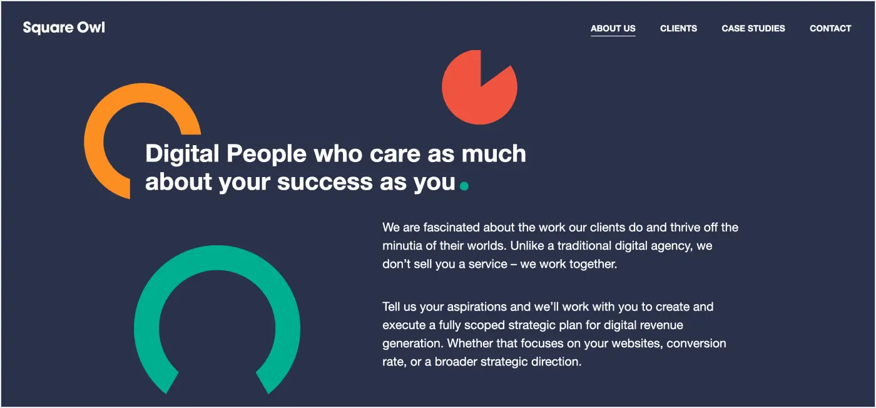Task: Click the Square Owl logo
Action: [64, 28]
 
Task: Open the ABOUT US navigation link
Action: [613, 28]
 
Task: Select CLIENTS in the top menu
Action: [678, 28]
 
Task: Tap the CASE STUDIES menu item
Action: [753, 28]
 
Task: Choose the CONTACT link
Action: [830, 28]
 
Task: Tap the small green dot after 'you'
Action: [464, 185]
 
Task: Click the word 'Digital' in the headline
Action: [182, 154]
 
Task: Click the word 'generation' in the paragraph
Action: [411, 344]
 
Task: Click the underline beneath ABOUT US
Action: [613, 36]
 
